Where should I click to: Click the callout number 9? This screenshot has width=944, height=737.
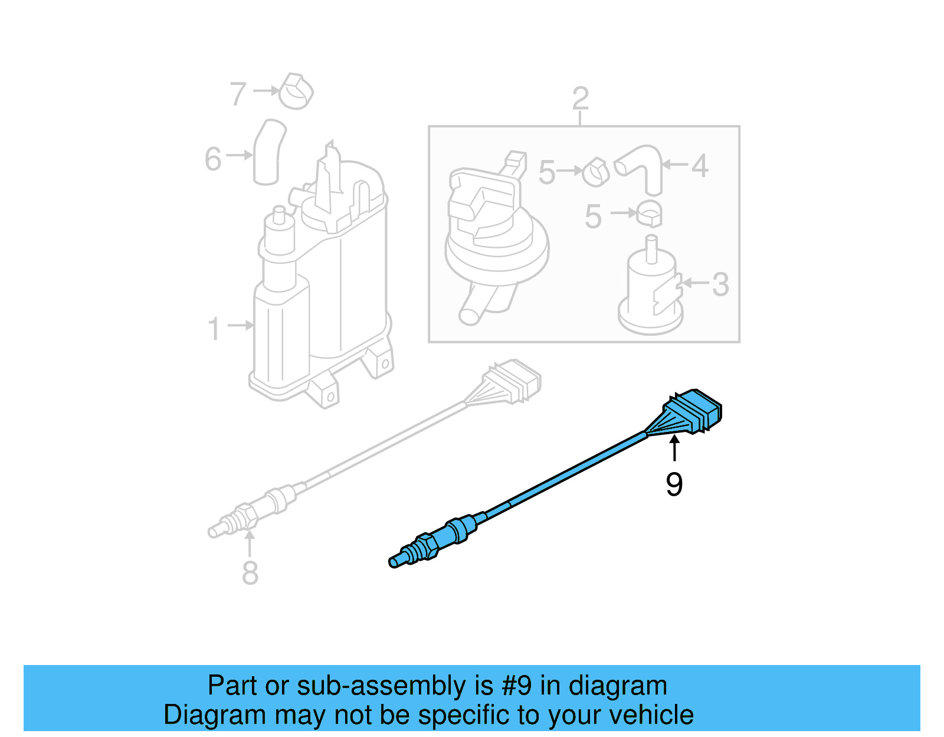(x=674, y=484)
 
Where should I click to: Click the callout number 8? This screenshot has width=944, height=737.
(x=250, y=573)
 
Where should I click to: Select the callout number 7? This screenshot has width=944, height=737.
(x=238, y=93)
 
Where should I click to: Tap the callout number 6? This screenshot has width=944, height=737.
(x=213, y=159)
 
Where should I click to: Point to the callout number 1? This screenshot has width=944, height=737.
(x=214, y=329)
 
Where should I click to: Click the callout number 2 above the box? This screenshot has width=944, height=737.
(x=581, y=99)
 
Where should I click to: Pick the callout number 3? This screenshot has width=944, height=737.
(x=720, y=284)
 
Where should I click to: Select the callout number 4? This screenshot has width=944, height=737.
(x=700, y=166)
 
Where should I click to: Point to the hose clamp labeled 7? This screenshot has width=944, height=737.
(x=296, y=91)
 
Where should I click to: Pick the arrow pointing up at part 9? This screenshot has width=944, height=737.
(x=674, y=448)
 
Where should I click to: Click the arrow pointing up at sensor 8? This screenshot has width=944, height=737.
(x=250, y=543)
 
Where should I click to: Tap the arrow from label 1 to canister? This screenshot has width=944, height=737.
(x=240, y=325)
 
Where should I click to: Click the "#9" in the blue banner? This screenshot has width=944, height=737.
(x=517, y=686)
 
